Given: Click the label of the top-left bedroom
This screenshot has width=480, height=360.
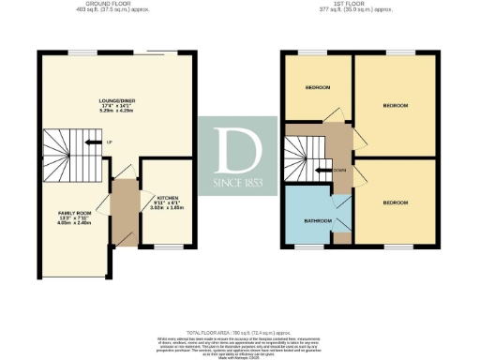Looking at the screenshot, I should (317, 88).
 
